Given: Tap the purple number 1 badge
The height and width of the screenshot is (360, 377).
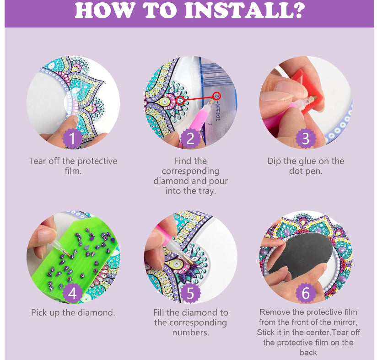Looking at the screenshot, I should tap(73, 138).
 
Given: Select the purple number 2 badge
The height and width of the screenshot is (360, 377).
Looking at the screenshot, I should tap(190, 138).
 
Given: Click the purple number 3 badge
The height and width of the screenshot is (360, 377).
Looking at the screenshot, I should tap(306, 138).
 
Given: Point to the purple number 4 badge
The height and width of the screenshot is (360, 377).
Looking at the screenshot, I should tap(73, 293).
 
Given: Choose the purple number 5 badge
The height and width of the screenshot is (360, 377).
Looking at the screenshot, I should tap(190, 293).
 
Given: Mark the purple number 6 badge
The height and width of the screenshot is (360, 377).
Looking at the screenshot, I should tap(306, 293).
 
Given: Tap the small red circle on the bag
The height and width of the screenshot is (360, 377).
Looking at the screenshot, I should tap(217, 96).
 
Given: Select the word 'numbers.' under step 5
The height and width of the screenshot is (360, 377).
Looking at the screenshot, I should tap(190, 333).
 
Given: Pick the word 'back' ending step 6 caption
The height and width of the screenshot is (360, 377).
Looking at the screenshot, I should tap(308, 352).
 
